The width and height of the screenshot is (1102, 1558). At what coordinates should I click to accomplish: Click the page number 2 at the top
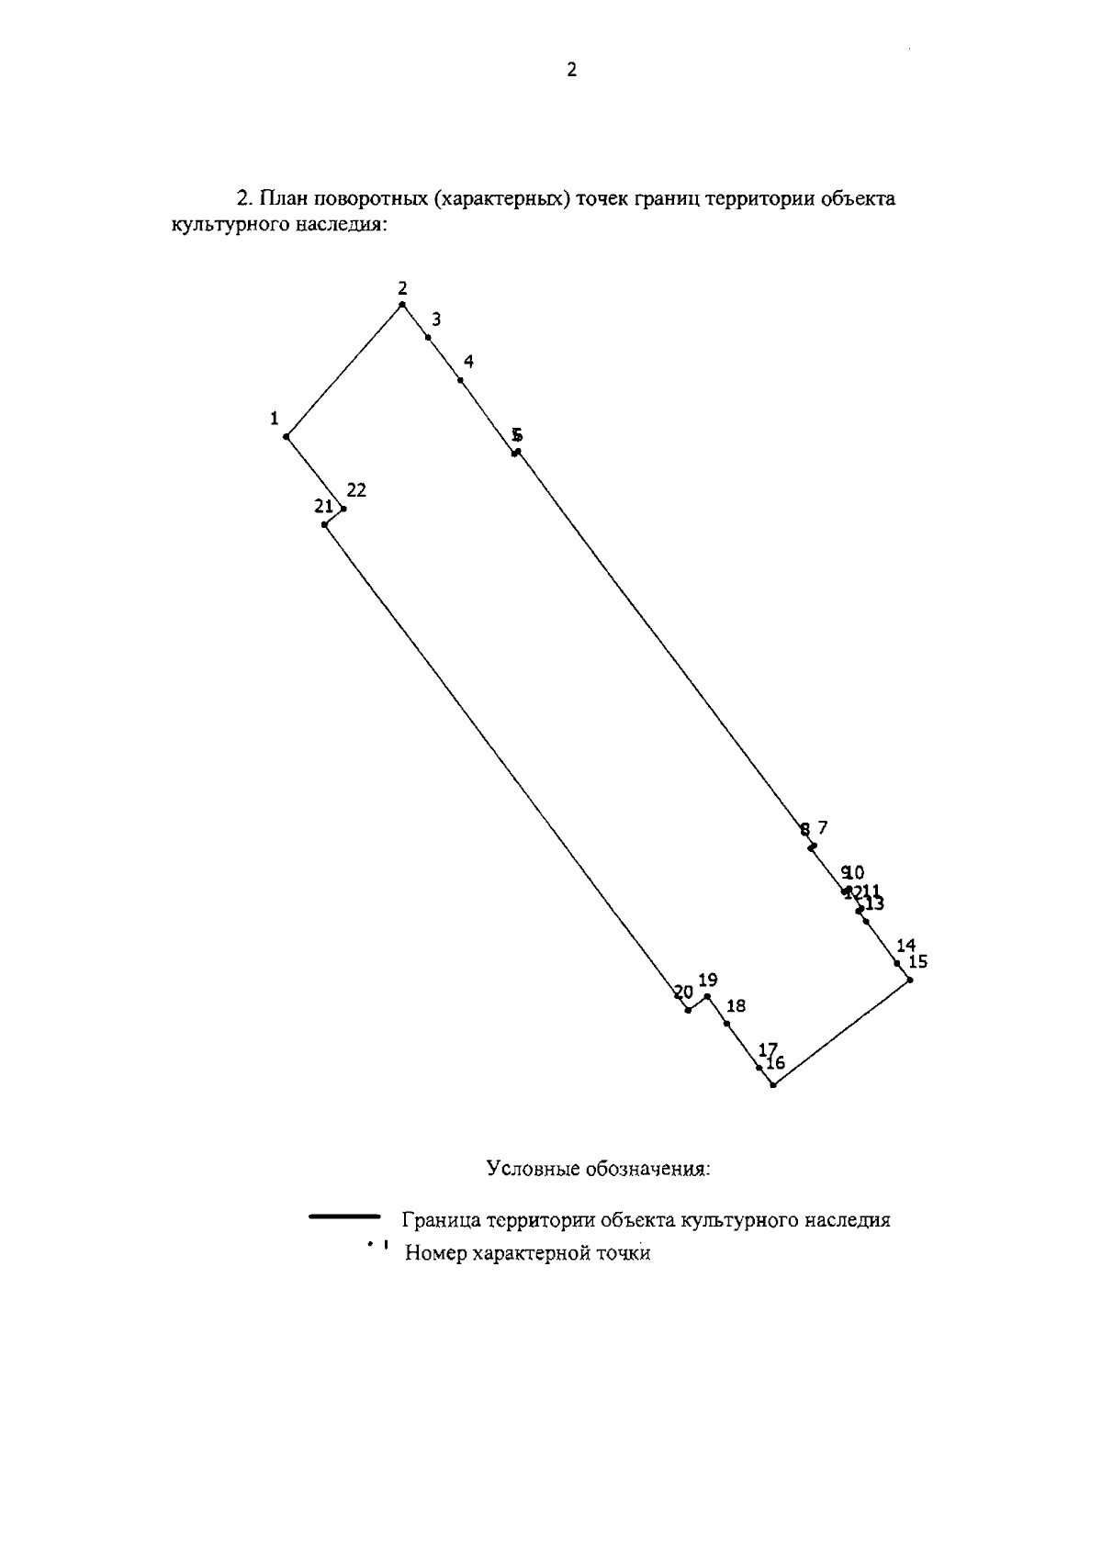(x=572, y=71)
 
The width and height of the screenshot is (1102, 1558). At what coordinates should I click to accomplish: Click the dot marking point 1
(x=287, y=437)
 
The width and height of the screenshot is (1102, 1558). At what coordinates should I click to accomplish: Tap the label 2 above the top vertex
(x=402, y=287)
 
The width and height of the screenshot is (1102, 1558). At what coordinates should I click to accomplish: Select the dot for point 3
(x=428, y=338)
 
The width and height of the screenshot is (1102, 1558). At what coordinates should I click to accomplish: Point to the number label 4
(x=468, y=362)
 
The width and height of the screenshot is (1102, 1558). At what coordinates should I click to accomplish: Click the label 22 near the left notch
(x=356, y=491)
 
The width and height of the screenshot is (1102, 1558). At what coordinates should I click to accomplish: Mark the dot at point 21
(x=325, y=525)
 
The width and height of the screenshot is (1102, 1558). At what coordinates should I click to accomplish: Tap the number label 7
(x=823, y=827)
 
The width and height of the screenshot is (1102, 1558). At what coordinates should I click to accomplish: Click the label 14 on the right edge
(x=906, y=946)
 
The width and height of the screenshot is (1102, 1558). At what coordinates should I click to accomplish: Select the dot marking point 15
(x=910, y=981)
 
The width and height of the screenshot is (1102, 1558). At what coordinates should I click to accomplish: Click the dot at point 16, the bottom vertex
(x=773, y=1085)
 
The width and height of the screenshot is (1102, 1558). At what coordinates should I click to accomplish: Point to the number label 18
(x=736, y=1006)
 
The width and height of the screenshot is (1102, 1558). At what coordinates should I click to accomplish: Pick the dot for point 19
(x=707, y=996)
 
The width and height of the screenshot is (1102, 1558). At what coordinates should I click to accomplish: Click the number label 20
(x=683, y=992)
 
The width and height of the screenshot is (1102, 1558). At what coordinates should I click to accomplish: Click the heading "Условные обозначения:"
(x=599, y=1170)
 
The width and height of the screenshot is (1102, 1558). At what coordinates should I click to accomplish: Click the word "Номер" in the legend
(x=434, y=1253)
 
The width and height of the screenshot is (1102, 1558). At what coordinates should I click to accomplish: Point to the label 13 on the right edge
(x=874, y=904)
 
